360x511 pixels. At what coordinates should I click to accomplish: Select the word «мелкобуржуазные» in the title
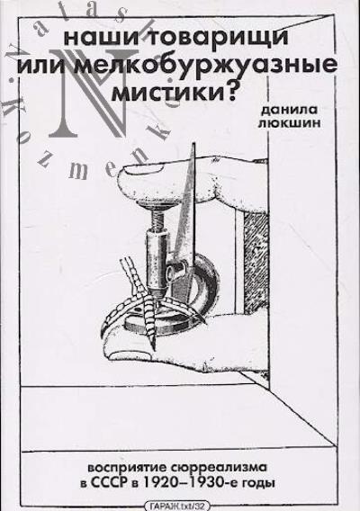[x=206, y=65]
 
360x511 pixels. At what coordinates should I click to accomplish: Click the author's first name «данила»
[x=289, y=110]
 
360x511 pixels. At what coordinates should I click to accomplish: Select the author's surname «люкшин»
[x=289, y=124]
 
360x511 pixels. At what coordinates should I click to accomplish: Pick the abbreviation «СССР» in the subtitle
[x=108, y=482]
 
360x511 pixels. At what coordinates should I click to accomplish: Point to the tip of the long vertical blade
[x=194, y=143]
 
